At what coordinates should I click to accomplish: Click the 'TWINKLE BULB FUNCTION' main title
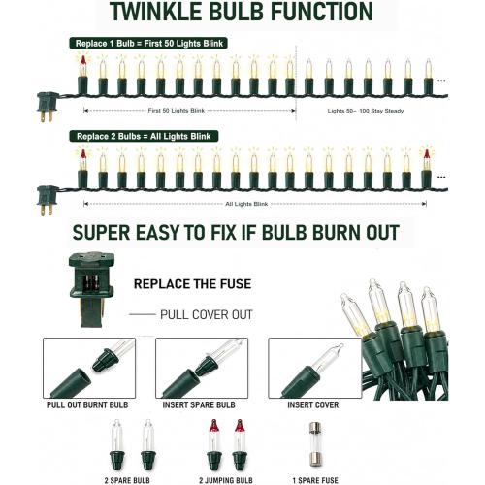coord(241,12)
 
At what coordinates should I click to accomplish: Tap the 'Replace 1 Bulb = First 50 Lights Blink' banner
coord(148,44)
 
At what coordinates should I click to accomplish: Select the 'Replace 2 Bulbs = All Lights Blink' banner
coord(144,136)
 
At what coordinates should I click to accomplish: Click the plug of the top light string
coord(48,106)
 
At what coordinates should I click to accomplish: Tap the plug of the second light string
coord(48,200)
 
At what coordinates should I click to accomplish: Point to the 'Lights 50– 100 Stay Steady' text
coord(366,111)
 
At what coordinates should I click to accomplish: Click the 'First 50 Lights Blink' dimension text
coord(177,111)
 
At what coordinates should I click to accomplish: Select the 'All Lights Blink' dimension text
coord(246,204)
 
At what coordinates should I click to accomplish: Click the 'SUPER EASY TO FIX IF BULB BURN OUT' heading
coord(236,233)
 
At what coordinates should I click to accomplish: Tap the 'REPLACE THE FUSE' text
coord(193,284)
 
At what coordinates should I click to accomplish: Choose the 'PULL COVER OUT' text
coord(207,314)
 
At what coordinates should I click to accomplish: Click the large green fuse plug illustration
coord(92,289)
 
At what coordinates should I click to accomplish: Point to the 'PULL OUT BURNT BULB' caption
coord(87,404)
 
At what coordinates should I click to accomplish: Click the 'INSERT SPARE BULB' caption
coord(199,404)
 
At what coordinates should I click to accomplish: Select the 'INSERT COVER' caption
coord(313,404)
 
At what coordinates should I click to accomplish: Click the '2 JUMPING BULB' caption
coord(226,480)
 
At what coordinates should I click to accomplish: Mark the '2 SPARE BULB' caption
coord(127,480)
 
